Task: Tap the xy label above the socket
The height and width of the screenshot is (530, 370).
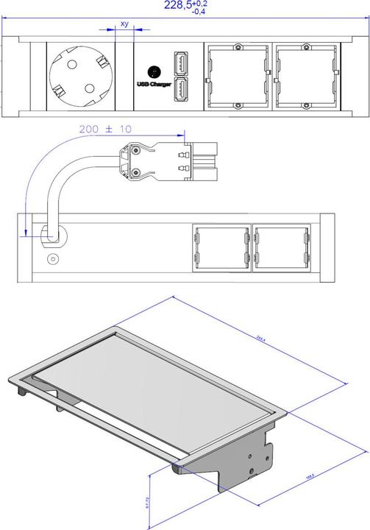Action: click(124, 24)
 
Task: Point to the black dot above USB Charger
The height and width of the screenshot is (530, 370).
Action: click(154, 71)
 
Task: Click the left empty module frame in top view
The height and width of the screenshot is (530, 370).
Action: click(237, 76)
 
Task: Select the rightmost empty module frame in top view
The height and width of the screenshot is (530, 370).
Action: click(307, 76)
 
